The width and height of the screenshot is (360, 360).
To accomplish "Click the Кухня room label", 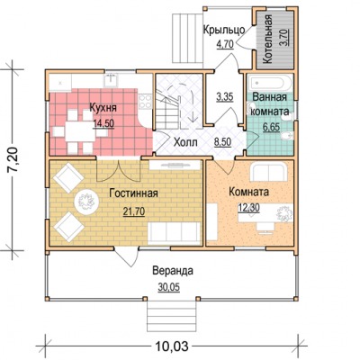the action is point(103,108).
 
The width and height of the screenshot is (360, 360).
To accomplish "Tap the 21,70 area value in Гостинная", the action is point(134,211).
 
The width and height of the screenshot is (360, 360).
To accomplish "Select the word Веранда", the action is point(173,271).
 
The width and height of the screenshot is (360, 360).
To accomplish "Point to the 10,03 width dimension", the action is point(172,346).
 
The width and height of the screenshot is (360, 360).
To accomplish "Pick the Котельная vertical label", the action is point(268,40).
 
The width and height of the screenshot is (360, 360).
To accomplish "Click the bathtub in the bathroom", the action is point(270,84).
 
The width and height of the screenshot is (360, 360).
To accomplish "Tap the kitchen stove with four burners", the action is point(145,101).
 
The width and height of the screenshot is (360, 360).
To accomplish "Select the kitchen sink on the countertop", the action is point(111,80).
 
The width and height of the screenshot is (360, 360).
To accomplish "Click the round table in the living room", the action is point(86,202).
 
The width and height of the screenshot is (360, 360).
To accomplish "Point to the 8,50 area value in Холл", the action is point(222,141).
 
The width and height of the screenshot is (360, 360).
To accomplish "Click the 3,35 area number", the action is point(225,97).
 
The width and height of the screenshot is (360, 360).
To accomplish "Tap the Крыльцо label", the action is point(224,31).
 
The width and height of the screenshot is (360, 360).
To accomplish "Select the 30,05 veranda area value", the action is point(169,287).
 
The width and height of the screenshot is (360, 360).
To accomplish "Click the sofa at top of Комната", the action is point(269,172).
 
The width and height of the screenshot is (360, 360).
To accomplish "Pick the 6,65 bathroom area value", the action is point(271,127).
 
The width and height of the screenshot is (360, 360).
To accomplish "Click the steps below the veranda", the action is point(171,316).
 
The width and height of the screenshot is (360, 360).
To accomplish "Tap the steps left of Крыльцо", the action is point(187,39).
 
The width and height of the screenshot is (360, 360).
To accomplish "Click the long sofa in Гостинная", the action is point(175,234).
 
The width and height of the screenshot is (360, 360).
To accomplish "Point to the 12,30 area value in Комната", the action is point(249,208).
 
